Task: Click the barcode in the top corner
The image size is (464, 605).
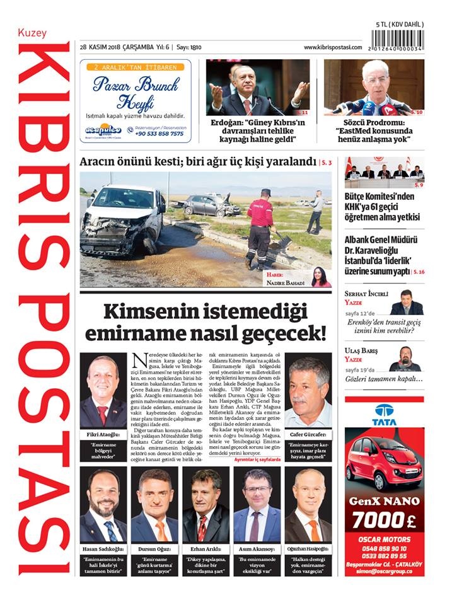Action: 398,42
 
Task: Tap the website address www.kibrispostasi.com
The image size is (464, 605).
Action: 332,47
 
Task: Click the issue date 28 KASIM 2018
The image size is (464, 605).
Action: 105,47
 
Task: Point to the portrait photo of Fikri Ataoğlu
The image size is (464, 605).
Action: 103,391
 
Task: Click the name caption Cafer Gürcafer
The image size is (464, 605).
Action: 308,435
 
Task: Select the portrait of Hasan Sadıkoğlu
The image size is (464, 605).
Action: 103,505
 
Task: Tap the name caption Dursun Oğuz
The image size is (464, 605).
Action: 154,548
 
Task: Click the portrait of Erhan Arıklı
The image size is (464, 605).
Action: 206,505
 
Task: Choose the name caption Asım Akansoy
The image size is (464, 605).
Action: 257,548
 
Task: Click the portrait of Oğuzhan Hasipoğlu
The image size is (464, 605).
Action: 308,505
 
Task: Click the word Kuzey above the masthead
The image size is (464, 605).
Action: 32,33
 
